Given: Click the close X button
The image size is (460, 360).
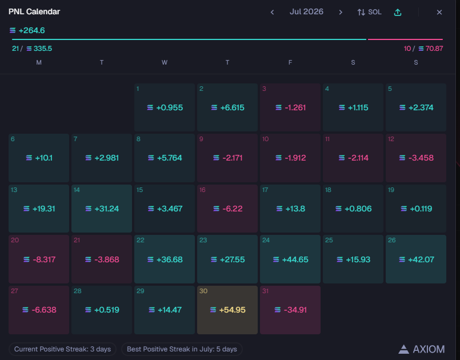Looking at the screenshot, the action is tap(439, 13).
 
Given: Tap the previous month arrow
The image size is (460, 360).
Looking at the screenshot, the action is tap(272, 13).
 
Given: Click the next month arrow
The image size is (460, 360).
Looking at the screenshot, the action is tap(341, 13).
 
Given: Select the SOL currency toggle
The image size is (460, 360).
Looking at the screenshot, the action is tap(369, 12).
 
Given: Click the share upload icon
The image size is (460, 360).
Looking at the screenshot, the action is tap(398, 12).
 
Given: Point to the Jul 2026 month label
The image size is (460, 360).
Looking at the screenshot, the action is tap(306, 12).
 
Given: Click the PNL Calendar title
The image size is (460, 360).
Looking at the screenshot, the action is tap(34, 12).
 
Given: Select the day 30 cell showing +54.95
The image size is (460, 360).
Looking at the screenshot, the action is tap(227, 310).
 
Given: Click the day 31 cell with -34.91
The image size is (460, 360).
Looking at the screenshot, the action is tap(290, 310).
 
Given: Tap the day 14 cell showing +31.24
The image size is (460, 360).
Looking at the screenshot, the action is tap(102, 209).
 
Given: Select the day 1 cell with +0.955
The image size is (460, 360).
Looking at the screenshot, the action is tap(165, 107).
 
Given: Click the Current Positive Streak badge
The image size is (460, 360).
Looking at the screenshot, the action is tap(62, 349).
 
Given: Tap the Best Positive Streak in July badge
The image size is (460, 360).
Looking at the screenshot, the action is tap(182, 349).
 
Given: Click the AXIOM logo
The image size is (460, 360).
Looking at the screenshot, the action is tap(421, 349).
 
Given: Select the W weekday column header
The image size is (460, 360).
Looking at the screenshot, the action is tap(165, 62).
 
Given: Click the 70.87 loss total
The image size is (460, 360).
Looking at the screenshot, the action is tap(434, 49).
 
